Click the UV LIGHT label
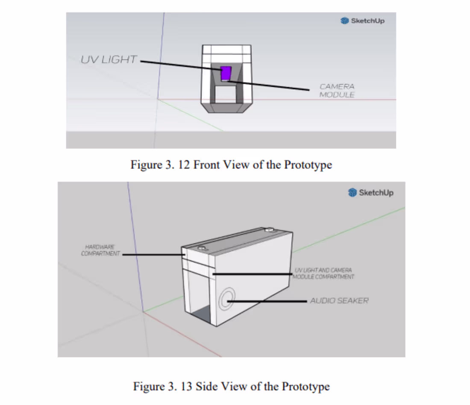coord(109,59)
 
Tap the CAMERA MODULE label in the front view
coord(337,91)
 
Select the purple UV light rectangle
coord(226,73)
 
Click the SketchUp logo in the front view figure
coord(362,21)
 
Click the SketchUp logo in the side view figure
coord(370,192)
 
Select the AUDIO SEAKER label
coord(339,301)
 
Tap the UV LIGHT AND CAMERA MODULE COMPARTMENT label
coord(323,273)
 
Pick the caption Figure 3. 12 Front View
coord(231,165)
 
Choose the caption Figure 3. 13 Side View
coord(231,387)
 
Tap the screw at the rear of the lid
coord(269,230)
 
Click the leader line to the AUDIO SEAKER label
coord(267,301)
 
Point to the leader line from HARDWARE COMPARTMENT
coord(152,254)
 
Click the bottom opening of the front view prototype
coord(226,95)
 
